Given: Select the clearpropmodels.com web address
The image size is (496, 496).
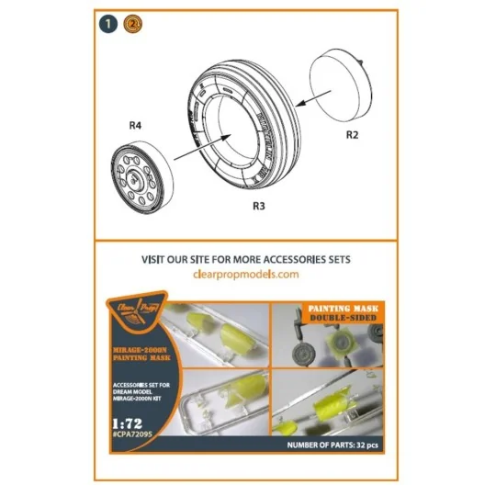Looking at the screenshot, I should pyautogui.click(x=247, y=275).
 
